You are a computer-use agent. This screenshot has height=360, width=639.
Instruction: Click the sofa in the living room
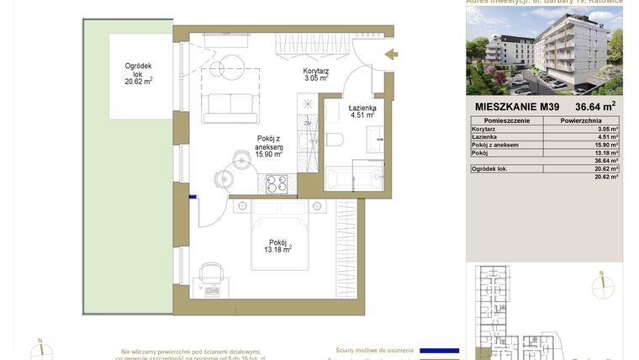(229, 107)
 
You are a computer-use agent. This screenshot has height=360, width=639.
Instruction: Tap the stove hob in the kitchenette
(277, 183)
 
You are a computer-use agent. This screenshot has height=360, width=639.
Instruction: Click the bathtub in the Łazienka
(353, 179)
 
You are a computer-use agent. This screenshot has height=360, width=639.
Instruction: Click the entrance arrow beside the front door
(391, 56)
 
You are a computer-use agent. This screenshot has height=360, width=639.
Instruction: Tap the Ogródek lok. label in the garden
(138, 73)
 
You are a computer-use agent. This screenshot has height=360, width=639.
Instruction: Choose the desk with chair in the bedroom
(209, 278)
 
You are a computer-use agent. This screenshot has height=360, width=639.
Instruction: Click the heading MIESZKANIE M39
(516, 107)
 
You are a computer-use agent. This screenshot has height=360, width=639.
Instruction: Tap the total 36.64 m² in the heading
(594, 107)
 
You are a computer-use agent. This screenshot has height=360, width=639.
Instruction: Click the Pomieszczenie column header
(507, 121)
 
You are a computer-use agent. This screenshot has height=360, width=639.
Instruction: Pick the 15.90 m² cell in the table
(606, 145)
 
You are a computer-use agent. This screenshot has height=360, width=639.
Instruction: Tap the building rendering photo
(544, 50)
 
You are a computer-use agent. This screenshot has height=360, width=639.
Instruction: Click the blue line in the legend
(439, 351)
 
